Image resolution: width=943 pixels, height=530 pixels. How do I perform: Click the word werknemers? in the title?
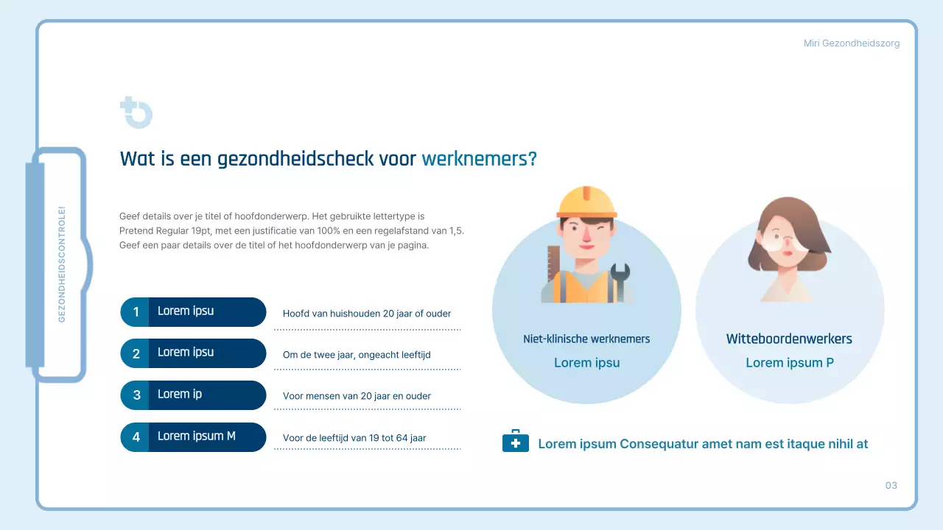pyautogui.click(x=479, y=158)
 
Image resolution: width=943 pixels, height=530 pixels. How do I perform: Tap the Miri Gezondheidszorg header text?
pyautogui.click(x=851, y=43)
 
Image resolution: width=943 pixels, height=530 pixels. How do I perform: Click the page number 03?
pyautogui.click(x=891, y=485)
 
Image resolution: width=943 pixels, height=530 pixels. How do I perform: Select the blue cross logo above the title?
pyautogui.click(x=136, y=113)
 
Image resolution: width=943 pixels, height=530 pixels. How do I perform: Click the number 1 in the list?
pyautogui.click(x=136, y=312)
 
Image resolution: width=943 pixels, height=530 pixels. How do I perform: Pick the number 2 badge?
pyautogui.click(x=136, y=354)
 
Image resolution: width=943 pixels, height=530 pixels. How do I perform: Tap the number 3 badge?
pyautogui.click(x=136, y=395)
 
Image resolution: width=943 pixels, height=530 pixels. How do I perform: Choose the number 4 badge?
pyautogui.click(x=136, y=437)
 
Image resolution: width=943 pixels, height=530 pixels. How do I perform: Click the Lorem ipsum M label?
pyautogui.click(x=196, y=436)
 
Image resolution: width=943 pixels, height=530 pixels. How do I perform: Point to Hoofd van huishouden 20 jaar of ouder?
pyautogui.click(x=366, y=314)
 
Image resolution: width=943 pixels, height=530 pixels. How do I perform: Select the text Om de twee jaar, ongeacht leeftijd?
pyautogui.click(x=357, y=355)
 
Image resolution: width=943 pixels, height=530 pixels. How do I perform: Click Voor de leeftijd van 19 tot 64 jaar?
pyautogui.click(x=354, y=438)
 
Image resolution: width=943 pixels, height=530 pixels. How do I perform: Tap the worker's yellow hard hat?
pyautogui.click(x=586, y=202)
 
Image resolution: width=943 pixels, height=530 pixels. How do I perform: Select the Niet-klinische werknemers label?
pyautogui.click(x=586, y=339)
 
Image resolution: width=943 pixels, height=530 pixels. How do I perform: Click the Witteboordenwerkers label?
pyautogui.click(x=789, y=339)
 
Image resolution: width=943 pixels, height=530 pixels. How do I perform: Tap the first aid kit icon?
pyautogui.click(x=515, y=442)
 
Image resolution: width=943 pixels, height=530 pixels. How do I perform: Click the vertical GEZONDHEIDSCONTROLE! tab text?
pyautogui.click(x=62, y=264)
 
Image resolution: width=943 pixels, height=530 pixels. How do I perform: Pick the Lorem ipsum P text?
pyautogui.click(x=789, y=363)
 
